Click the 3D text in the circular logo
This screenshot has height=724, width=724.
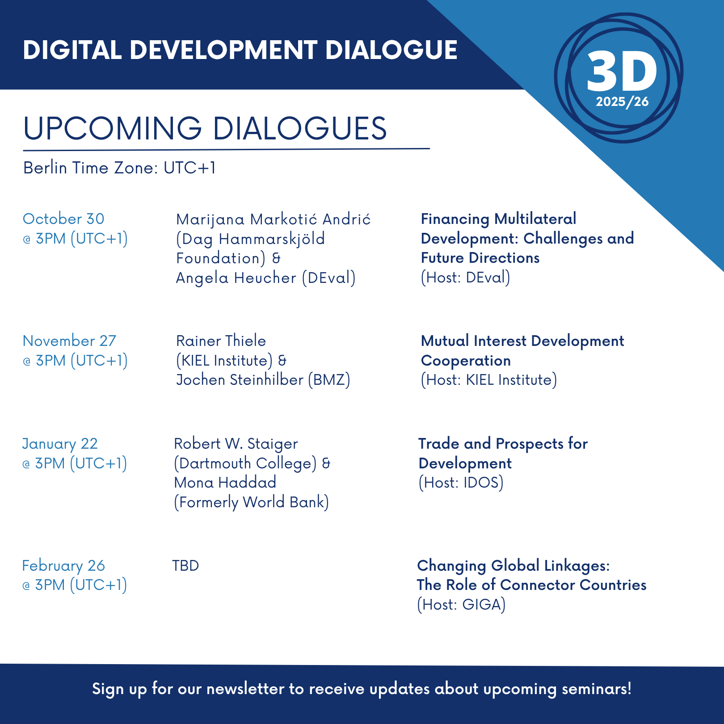click(622, 71)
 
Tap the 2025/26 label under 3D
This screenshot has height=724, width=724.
click(622, 102)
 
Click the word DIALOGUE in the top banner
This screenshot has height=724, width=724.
click(391, 50)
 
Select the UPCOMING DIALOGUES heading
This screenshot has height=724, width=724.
click(205, 128)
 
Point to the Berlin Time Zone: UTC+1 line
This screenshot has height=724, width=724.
click(120, 168)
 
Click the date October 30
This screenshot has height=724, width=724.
click(63, 219)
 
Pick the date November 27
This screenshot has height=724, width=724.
click(69, 341)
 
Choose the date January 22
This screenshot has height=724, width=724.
click(60, 444)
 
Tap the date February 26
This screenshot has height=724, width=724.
click(63, 566)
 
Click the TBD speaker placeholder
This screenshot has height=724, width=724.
click(185, 566)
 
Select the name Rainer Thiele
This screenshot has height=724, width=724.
click(221, 341)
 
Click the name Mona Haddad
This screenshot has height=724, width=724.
click(225, 483)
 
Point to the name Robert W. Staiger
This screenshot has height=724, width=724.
click(236, 444)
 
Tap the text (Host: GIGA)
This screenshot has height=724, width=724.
click(461, 605)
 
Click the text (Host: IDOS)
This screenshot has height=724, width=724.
click(461, 483)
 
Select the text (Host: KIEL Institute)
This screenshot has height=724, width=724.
click(489, 380)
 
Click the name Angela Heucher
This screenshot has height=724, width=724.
click(236, 278)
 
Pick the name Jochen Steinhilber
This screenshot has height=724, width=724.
click(240, 380)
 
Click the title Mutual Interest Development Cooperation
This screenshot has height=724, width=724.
click(522, 351)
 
